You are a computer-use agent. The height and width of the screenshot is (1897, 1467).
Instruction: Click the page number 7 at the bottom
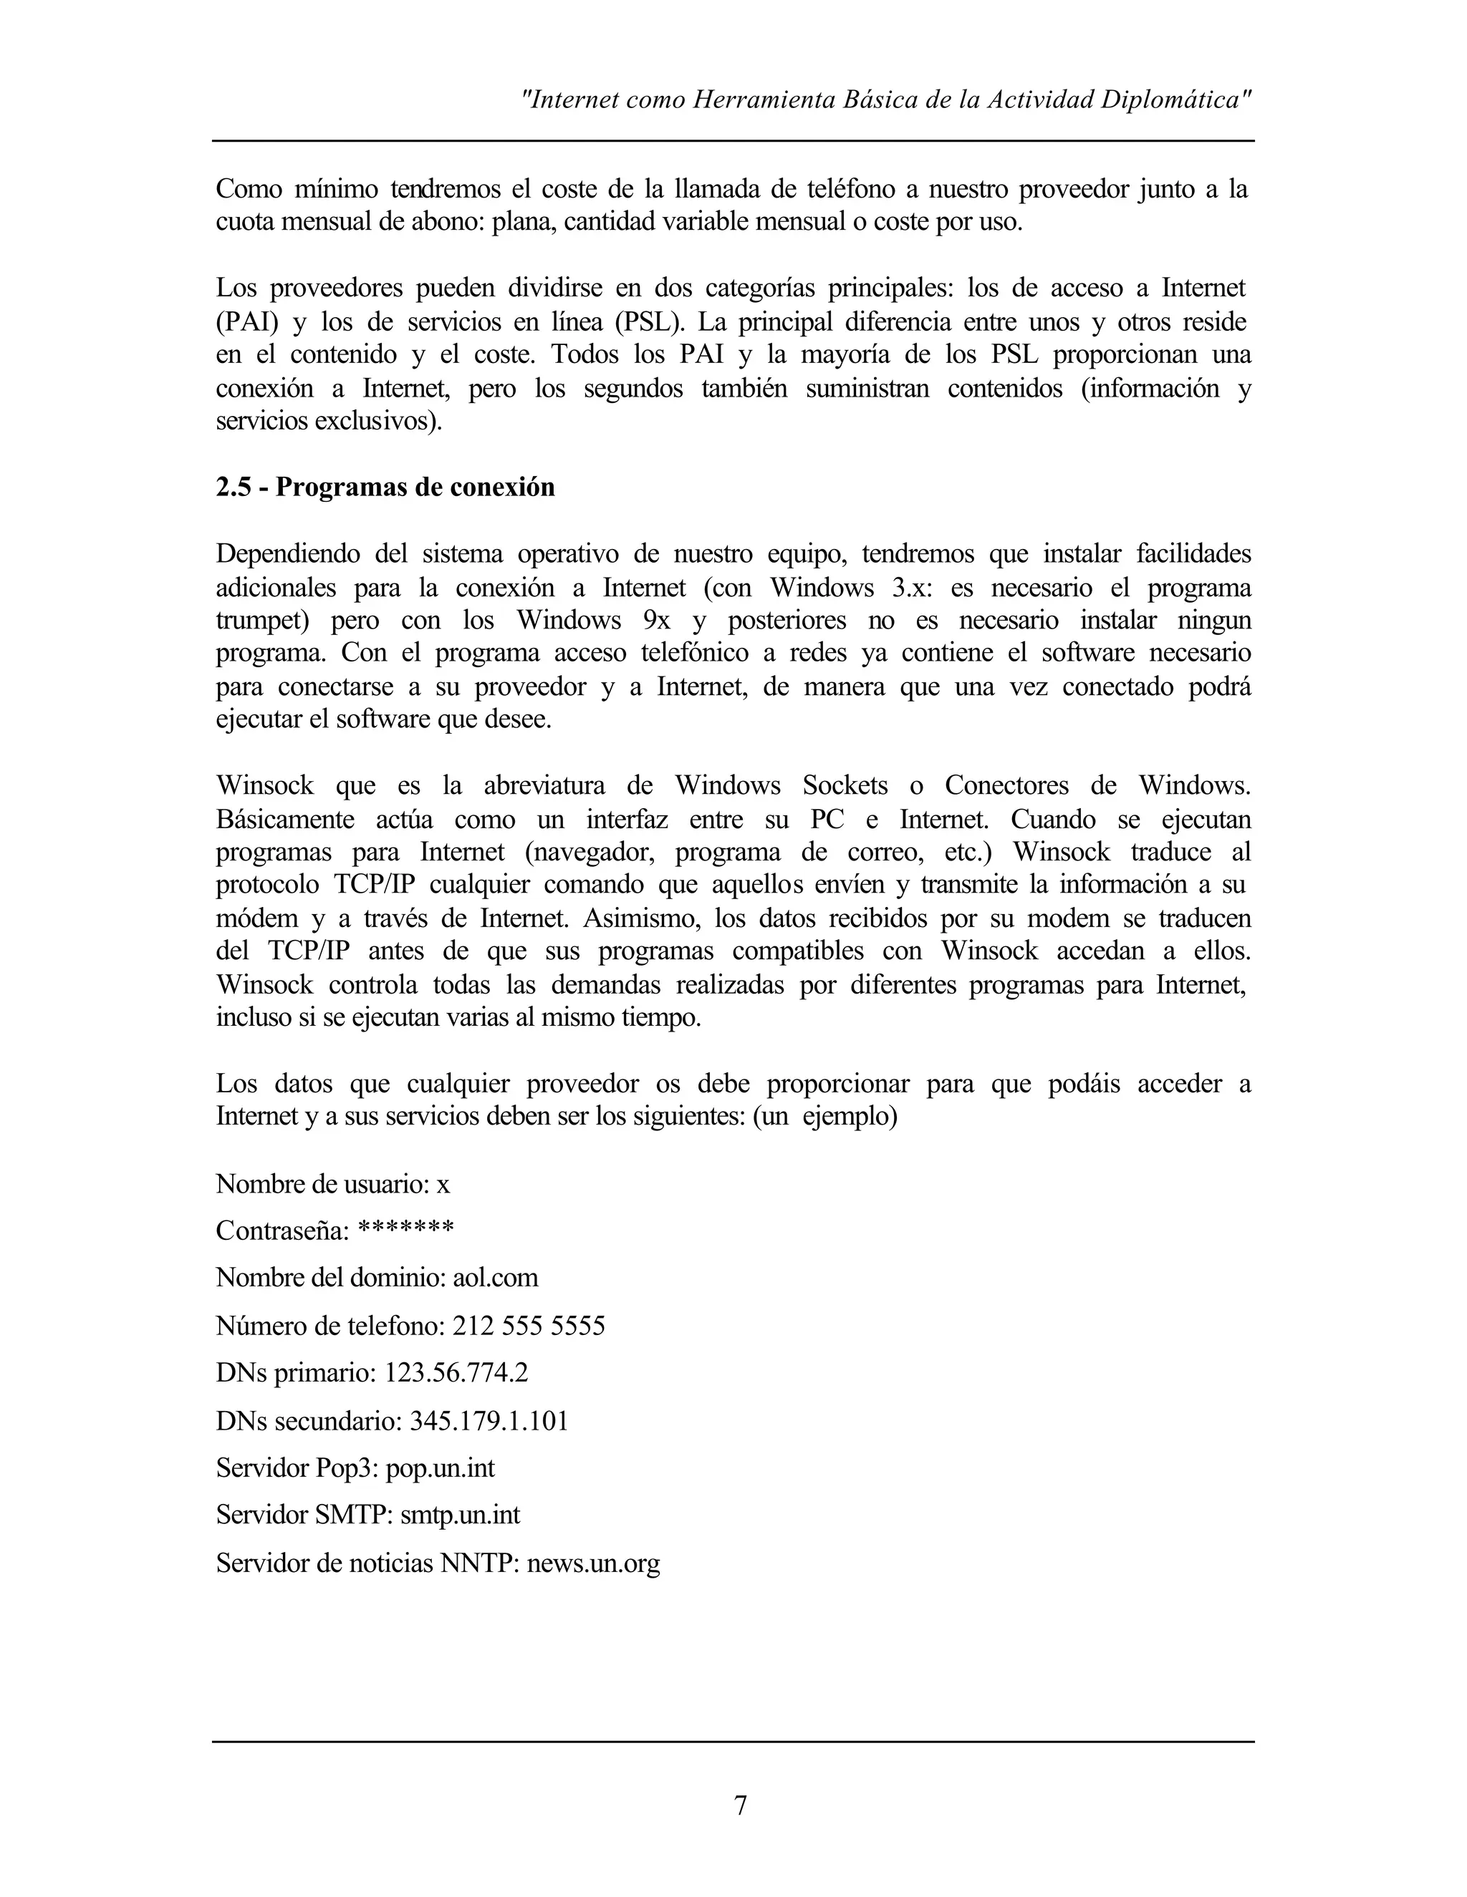coord(741,1805)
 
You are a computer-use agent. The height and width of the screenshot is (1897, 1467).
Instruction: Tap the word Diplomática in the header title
coord(1176,100)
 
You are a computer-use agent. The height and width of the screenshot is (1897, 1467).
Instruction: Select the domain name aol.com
coord(496,1278)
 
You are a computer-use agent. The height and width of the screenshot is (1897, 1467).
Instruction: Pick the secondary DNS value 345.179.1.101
coord(489,1421)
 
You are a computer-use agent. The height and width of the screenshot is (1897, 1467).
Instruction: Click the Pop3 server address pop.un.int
coord(440,1468)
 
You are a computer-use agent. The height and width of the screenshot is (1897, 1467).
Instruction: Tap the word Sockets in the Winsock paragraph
coord(845,786)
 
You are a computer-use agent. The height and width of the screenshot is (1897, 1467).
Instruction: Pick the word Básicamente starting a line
coord(285,819)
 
